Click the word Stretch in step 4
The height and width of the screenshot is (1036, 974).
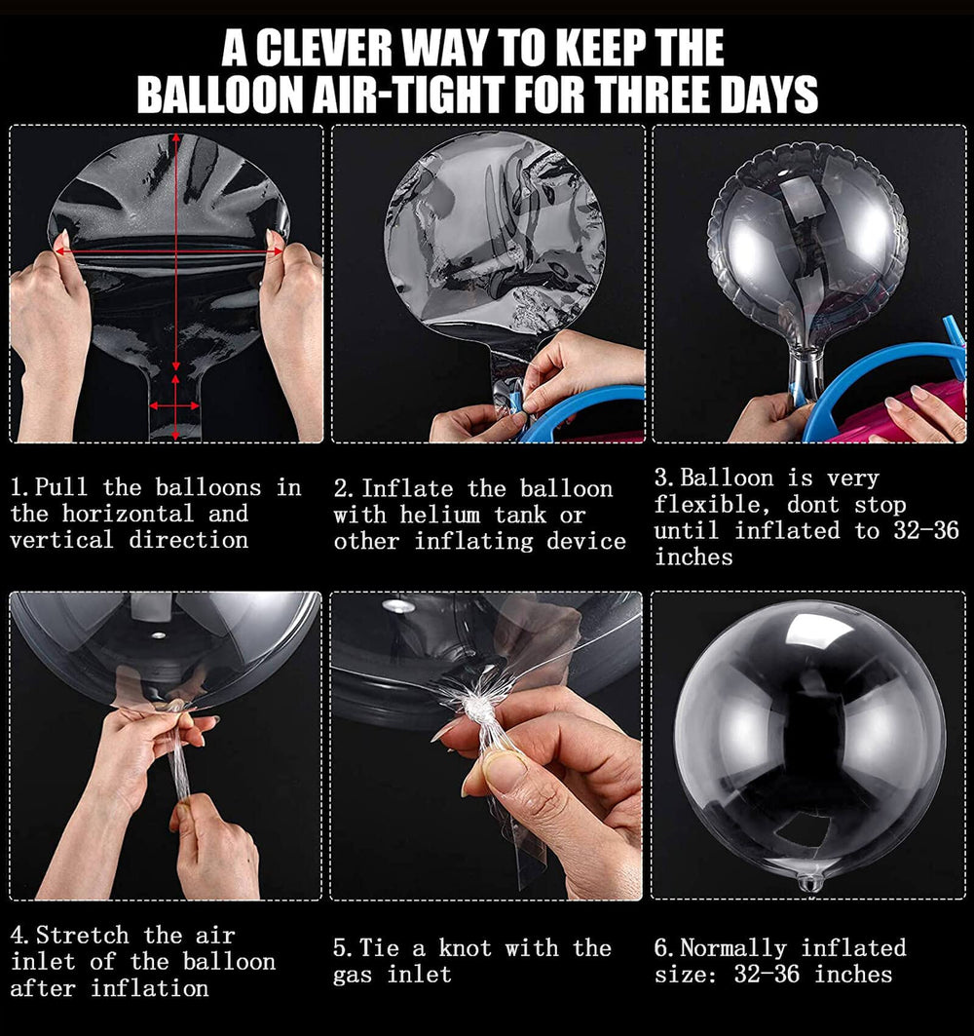tap(82, 936)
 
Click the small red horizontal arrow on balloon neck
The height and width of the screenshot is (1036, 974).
tap(174, 403)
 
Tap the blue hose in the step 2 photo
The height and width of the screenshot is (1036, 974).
tap(584, 409)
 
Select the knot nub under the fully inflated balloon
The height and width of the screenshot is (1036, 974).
tap(810, 882)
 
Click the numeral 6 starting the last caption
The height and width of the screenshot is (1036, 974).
tap(659, 948)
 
